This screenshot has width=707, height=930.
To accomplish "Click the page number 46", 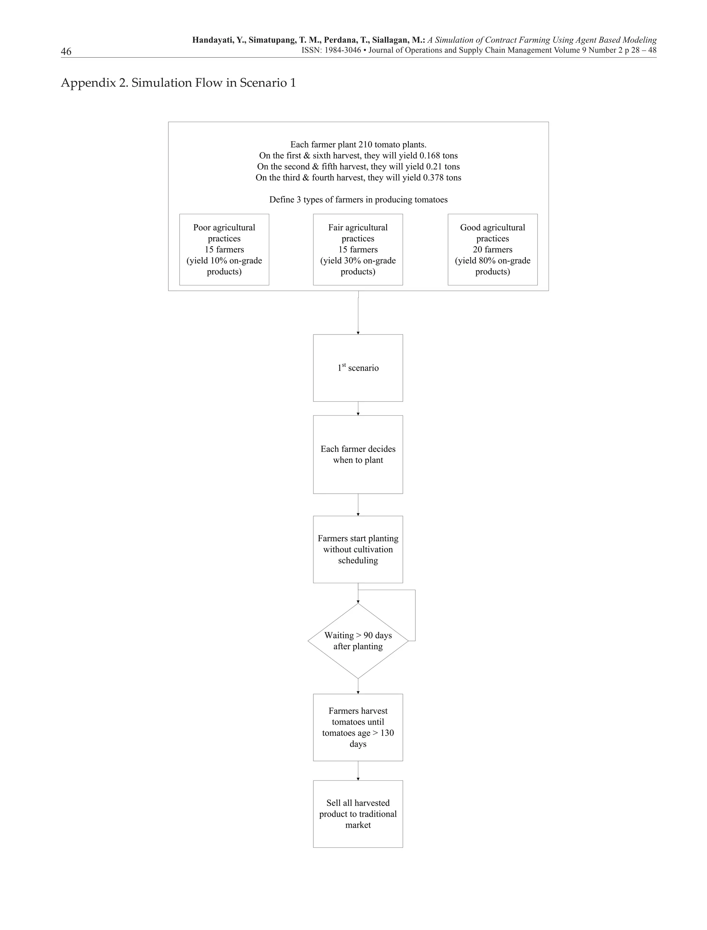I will click(66, 51).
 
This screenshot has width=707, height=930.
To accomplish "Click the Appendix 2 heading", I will click(178, 83).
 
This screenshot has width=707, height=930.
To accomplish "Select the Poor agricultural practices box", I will click(224, 249).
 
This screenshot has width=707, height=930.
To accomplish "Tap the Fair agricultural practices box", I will click(358, 249).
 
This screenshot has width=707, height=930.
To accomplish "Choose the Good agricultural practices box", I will click(492, 249).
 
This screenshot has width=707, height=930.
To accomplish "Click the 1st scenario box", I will click(358, 368).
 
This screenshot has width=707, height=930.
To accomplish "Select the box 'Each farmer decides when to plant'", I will click(358, 455).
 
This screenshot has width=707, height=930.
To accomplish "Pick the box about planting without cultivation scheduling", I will click(358, 549).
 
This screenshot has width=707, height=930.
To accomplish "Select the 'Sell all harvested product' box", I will click(358, 814).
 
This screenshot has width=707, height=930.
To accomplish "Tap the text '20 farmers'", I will click(492, 249).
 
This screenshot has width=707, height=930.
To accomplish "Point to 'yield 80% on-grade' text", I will click(492, 260).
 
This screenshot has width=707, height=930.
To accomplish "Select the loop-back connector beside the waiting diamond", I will click(415, 615).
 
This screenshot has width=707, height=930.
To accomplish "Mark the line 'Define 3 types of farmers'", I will click(358, 200).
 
